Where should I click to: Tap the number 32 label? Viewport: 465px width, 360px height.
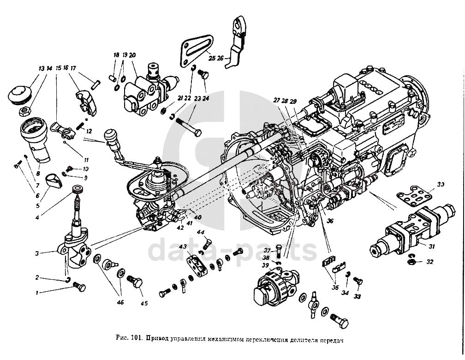[x=430, y=262]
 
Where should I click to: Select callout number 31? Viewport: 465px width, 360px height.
[x=431, y=247]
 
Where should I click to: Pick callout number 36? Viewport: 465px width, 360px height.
[x=329, y=221]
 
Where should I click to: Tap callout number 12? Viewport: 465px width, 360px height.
[x=89, y=131]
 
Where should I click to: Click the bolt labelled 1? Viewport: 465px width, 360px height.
[x=79, y=288]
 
